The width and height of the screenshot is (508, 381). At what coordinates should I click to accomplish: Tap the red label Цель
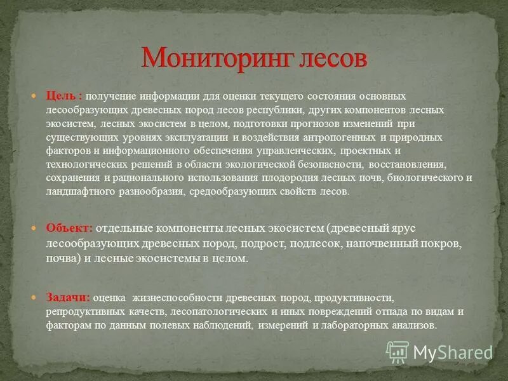coord(61,95)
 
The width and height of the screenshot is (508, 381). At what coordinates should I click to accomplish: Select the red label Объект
coord(69,228)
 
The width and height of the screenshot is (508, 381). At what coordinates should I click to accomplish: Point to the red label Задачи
coord(67,297)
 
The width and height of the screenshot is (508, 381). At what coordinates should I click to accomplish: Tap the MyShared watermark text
coord(453,352)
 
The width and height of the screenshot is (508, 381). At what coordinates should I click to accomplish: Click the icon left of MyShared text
coord(398,351)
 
